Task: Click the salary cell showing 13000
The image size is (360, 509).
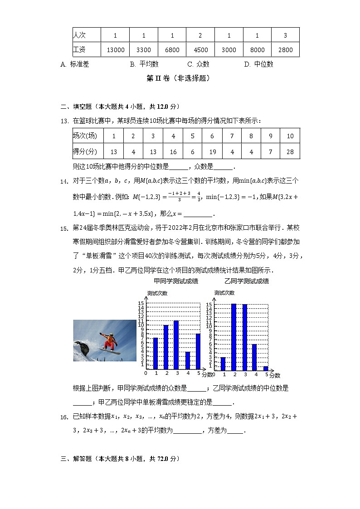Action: pyautogui.click(x=115, y=50)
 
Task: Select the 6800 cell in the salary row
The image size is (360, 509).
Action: pyautogui.click(x=172, y=50)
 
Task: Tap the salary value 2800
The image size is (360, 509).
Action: pyautogui.click(x=285, y=50)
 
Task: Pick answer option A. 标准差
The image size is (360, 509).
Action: pyautogui.click(x=75, y=64)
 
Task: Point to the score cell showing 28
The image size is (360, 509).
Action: pyautogui.click(x=290, y=152)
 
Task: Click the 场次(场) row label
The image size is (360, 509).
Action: pyautogui.click(x=85, y=136)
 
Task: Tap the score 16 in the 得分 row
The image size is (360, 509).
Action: pyautogui.click(x=173, y=152)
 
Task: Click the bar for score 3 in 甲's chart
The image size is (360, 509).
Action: pyautogui.click(x=176, y=344)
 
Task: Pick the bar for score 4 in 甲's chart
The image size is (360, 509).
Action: pyautogui.click(x=187, y=360)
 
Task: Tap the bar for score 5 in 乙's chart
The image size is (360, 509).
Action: pyautogui.click(x=266, y=368)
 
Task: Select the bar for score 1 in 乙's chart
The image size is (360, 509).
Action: pyautogui.click(x=223, y=364)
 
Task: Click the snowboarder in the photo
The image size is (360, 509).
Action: pyautogui.click(x=109, y=341)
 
